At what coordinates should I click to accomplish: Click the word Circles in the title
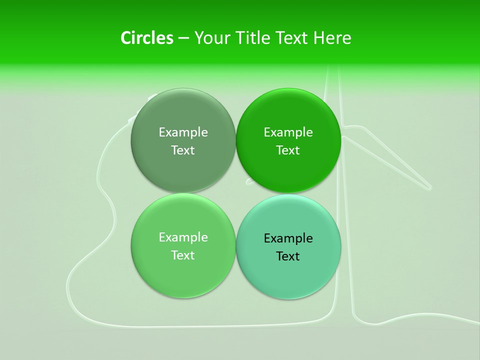146,38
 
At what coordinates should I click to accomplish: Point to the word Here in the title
332,38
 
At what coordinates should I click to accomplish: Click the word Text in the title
292,38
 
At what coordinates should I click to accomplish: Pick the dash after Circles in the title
183,38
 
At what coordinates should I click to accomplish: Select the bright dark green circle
288,167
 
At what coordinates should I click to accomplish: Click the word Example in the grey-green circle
183,132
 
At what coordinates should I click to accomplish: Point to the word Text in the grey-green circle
183,150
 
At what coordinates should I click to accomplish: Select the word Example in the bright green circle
288,132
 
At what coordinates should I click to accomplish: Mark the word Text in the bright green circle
288,150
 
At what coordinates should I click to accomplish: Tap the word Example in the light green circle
183,237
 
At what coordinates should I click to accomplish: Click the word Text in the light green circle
183,255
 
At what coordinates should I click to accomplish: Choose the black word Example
288,238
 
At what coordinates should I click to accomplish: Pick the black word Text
288,256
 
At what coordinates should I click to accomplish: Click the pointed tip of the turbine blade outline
429,188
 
